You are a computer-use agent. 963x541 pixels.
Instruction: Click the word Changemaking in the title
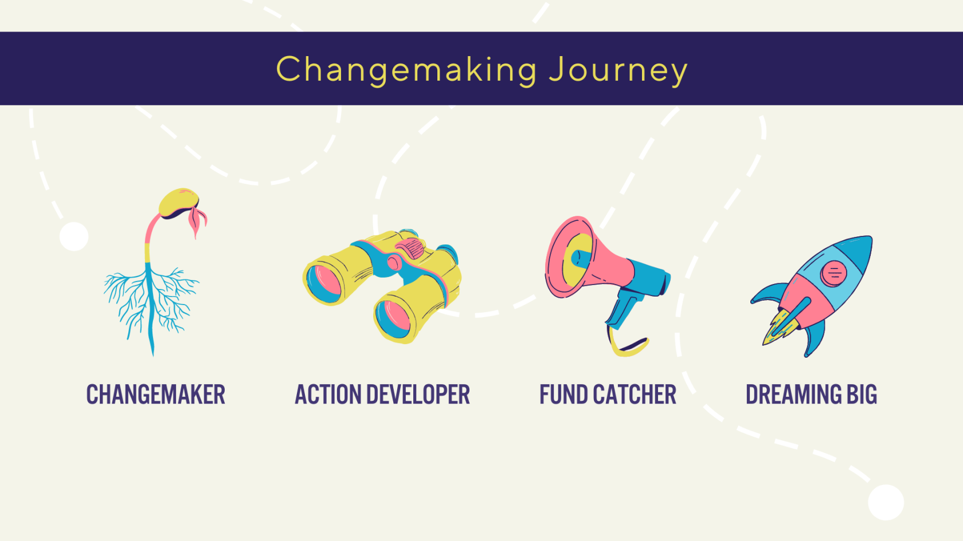pos(407,70)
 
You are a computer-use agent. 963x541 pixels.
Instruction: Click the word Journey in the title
pos(618,71)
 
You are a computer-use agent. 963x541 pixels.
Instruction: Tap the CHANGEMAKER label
pos(156,394)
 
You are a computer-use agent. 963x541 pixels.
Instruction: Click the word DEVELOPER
pos(418,394)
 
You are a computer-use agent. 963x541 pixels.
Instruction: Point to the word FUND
pos(563,394)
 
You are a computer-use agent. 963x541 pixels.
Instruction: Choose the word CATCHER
pos(635,394)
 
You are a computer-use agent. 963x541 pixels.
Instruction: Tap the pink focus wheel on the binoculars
pos(410,248)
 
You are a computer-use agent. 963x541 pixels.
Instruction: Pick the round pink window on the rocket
pos(833,274)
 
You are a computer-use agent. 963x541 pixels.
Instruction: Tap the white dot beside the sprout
pos(74,236)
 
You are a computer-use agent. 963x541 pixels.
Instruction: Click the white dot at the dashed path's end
pos(886,503)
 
